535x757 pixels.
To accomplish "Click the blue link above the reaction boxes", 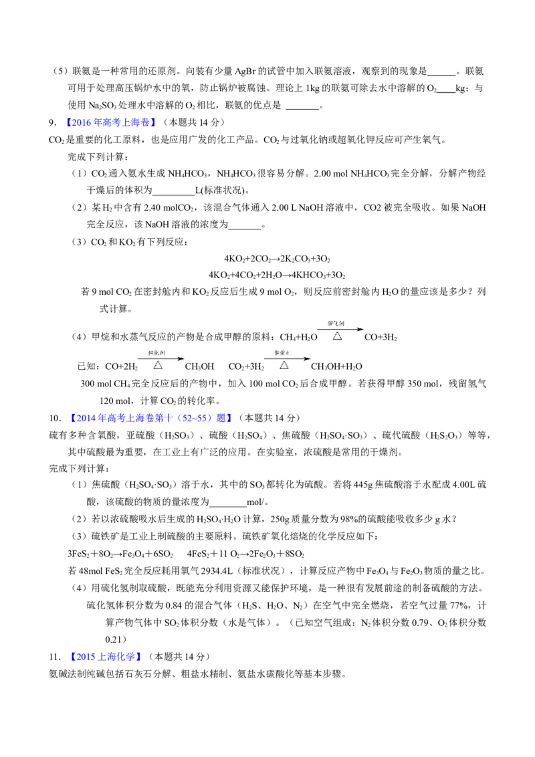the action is coord(112,123).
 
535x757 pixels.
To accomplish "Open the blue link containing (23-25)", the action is coord(151,419).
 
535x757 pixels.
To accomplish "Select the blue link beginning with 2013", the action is coord(106,656).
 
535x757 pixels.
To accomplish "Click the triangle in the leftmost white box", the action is coord(158,365).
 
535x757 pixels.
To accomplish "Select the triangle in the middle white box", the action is coord(284,365).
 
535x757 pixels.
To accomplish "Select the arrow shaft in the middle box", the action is coord(284,359).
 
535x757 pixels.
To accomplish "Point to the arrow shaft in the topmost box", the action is coord(338,330).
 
